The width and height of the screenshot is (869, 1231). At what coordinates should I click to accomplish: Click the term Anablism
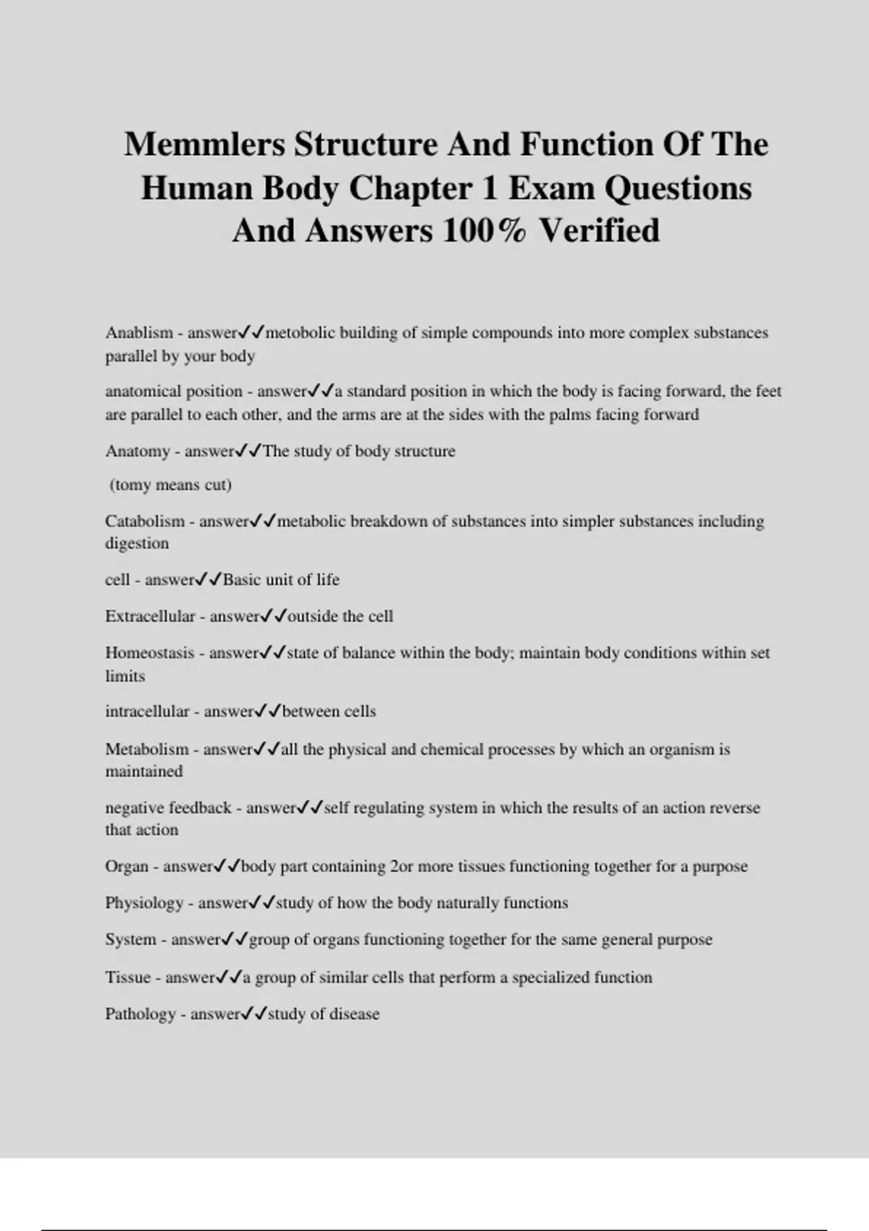pos(139,333)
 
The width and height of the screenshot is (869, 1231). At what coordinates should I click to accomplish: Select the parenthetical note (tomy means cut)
pos(170,484)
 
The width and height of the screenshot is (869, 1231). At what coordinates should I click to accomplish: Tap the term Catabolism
pos(145,521)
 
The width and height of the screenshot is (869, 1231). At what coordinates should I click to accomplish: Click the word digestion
pos(137,544)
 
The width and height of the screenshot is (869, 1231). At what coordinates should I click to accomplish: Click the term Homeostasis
pos(150,652)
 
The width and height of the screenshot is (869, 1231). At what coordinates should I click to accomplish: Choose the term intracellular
pos(147,711)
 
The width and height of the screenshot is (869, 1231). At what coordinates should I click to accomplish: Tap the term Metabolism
pos(146,749)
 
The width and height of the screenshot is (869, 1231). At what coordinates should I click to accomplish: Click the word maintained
pos(143,771)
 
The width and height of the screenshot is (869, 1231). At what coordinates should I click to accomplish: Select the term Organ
pos(127,866)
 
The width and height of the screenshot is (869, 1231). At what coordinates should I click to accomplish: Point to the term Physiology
pos(144,903)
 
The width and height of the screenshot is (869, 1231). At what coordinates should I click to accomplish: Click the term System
pos(130,939)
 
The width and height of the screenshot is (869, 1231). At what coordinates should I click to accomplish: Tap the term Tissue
pos(127,978)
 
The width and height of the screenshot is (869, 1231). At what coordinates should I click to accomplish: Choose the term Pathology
pos(140,1014)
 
